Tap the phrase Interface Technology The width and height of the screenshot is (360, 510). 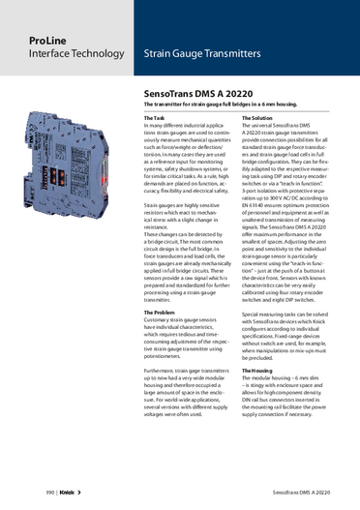(x=58, y=59)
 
